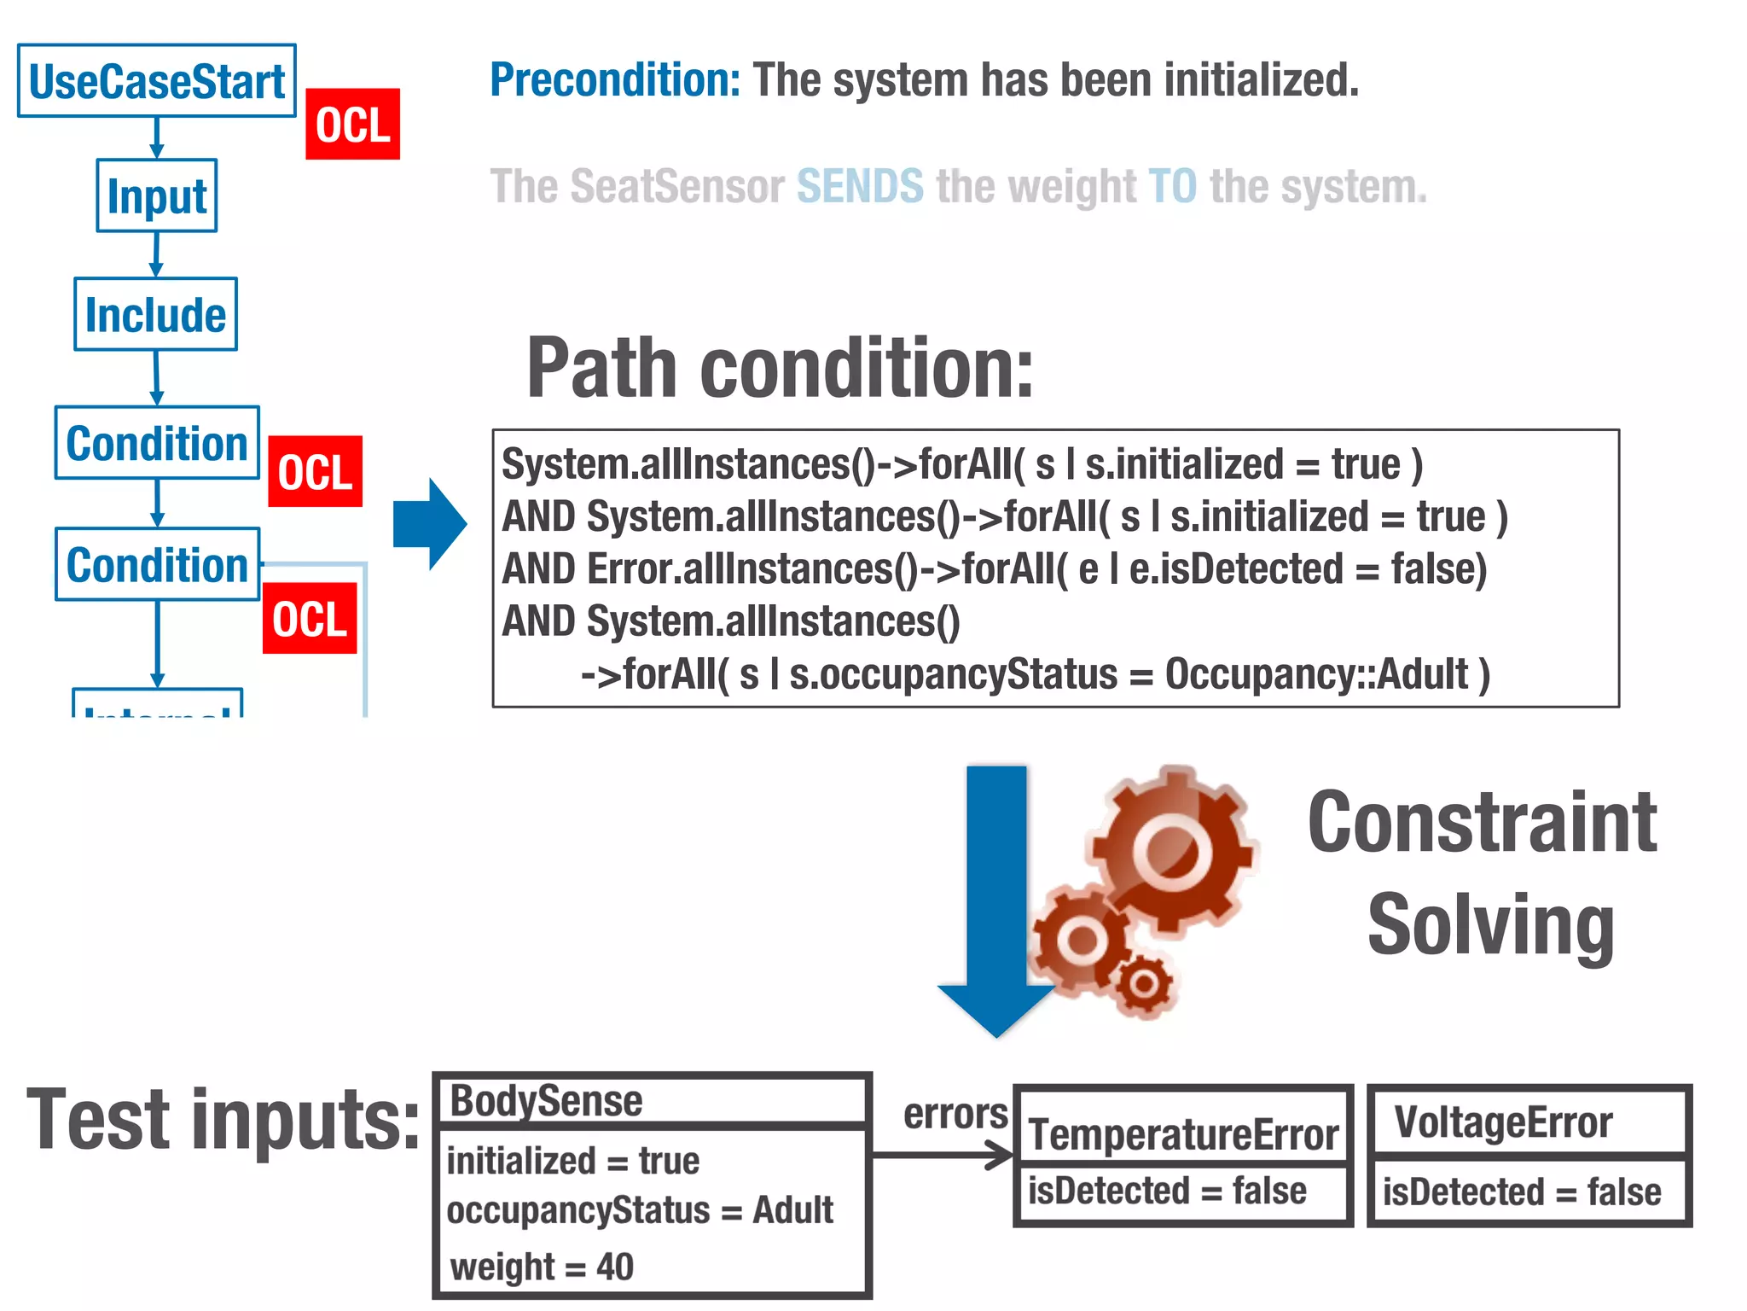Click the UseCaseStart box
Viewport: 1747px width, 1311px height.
tap(157, 81)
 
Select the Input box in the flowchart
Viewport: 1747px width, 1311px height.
tap(157, 195)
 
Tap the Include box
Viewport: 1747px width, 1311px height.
tap(155, 314)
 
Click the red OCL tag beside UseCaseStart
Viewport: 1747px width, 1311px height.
tap(352, 125)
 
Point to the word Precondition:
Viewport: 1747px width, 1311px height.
tap(615, 80)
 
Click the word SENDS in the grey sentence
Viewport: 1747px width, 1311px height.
tap(860, 186)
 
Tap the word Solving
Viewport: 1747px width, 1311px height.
tap(1490, 926)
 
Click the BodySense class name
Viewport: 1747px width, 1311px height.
tap(546, 1101)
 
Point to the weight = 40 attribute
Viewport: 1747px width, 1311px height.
tap(542, 1267)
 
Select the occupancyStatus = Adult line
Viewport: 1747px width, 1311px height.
tap(640, 1210)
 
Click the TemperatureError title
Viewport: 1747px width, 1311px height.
tap(1183, 1134)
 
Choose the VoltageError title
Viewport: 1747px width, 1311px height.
tap(1503, 1122)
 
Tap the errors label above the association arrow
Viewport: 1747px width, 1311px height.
tap(955, 1114)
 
